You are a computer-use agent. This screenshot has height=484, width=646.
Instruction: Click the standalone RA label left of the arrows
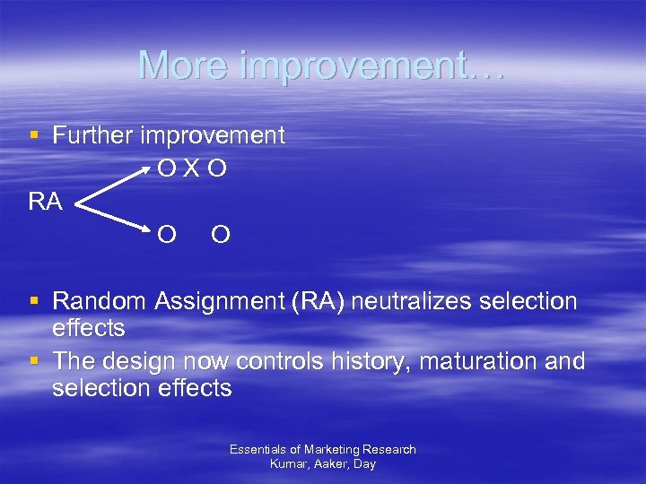pos(45,202)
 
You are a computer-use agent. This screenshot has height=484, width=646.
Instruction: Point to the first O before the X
pos(166,168)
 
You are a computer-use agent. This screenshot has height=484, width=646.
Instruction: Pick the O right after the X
pos(216,168)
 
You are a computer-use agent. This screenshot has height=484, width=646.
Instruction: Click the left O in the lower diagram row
pos(166,235)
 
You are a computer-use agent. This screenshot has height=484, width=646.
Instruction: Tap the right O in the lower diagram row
pos(221,235)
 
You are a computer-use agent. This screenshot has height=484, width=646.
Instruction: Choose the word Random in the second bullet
pos(100,302)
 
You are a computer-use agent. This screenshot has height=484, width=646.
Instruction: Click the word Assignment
pos(219,302)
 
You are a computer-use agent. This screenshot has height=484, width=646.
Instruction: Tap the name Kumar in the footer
pos(288,463)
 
